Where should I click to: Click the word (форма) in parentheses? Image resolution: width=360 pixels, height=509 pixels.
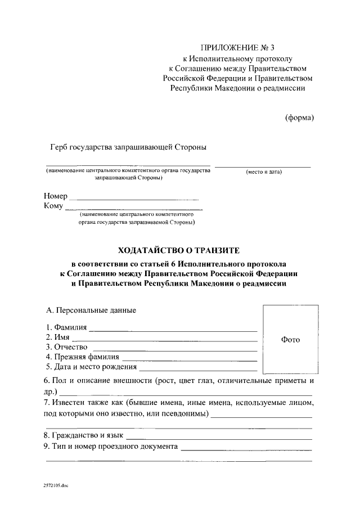pos(299,117)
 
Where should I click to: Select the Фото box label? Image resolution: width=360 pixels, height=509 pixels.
pos(290,340)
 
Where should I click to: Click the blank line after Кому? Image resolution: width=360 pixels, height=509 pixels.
pos(134,209)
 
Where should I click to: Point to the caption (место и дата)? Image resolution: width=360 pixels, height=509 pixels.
pos(264,172)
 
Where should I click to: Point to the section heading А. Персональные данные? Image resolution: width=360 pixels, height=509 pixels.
pos(91,310)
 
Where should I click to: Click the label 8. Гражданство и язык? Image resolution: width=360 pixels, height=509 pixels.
pos(84,435)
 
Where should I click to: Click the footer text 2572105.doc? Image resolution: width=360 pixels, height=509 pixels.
pos(56,484)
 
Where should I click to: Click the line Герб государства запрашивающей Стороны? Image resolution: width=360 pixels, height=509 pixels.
pos(128,147)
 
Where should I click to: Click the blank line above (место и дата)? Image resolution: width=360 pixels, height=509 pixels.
pos(263,166)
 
